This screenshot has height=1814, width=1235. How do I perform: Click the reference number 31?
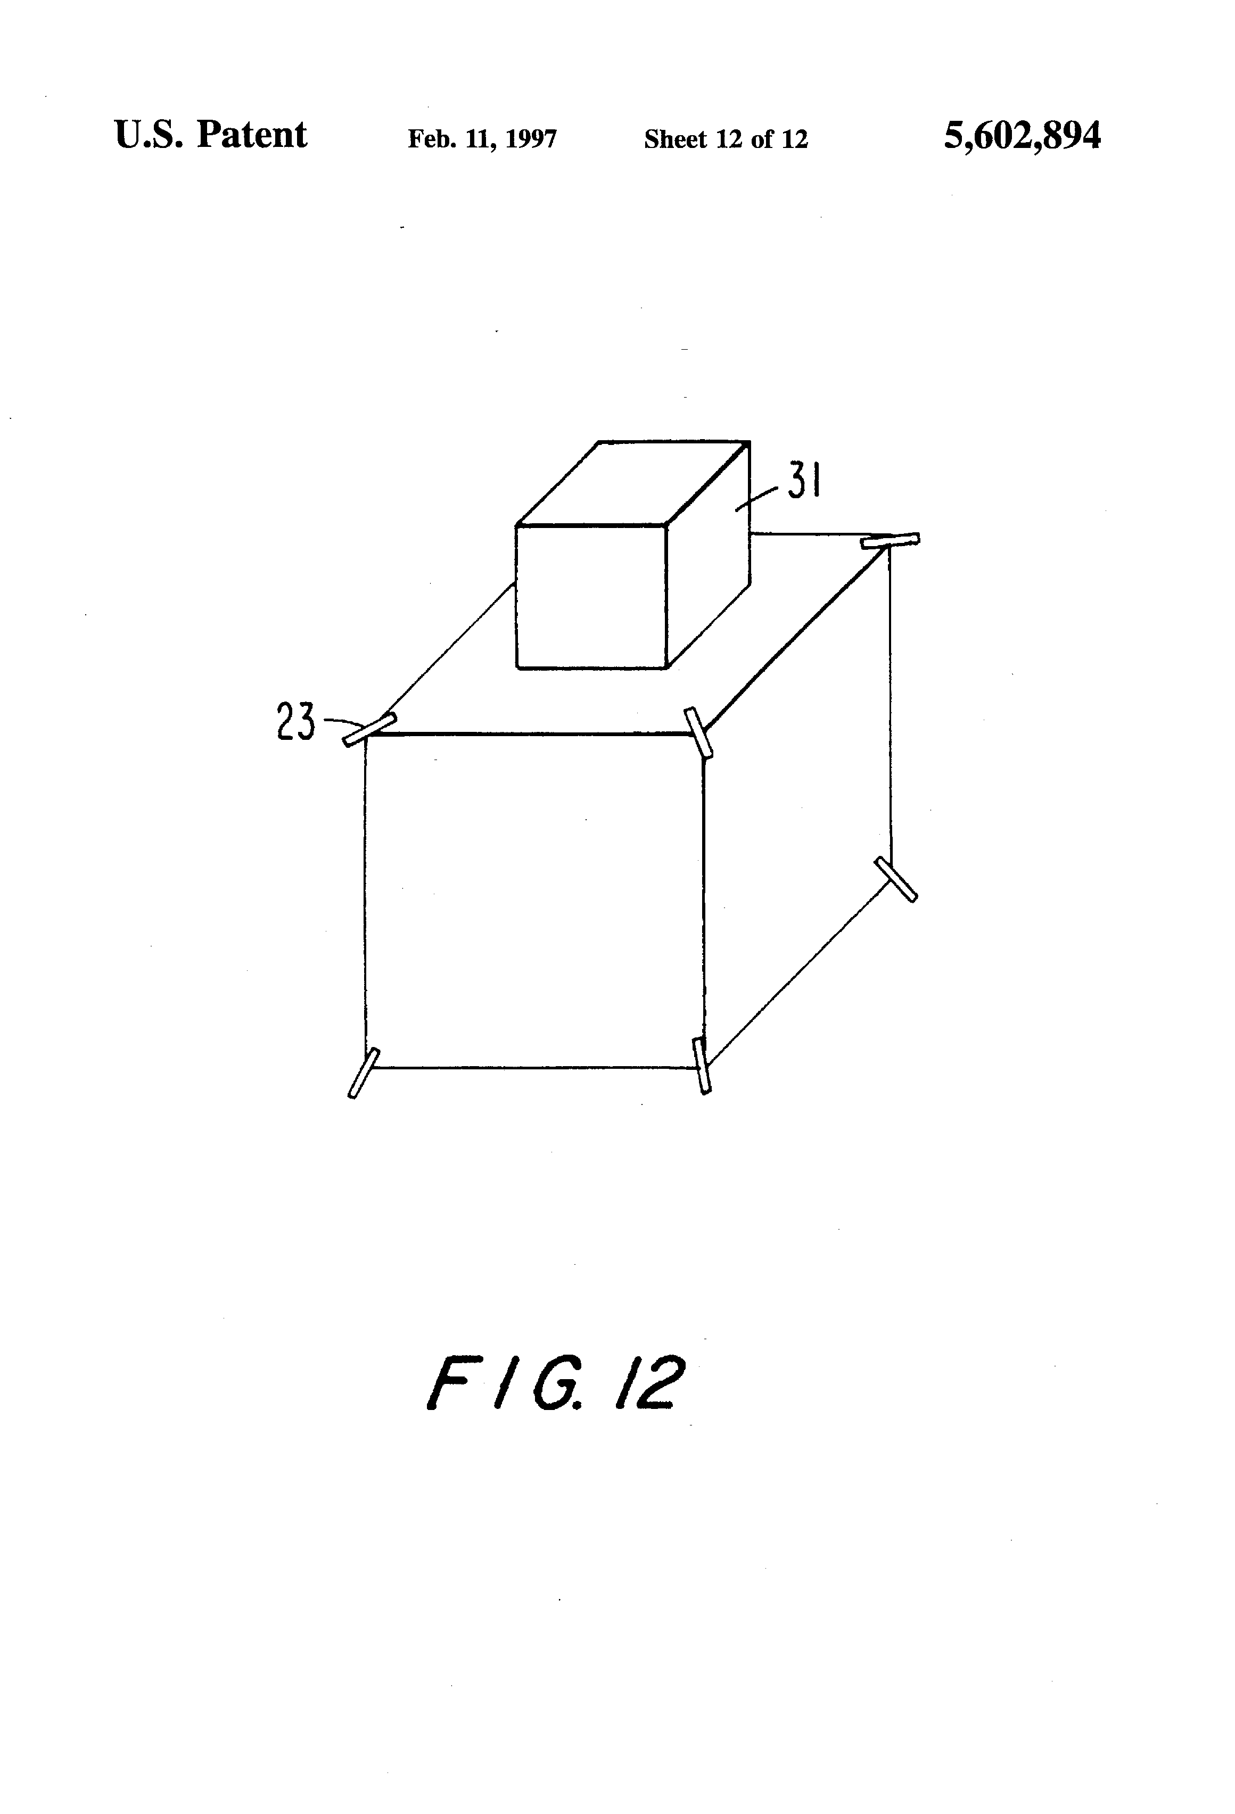[803, 481]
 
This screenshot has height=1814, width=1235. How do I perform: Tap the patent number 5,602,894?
[1022, 135]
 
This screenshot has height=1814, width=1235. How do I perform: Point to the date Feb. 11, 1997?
[482, 139]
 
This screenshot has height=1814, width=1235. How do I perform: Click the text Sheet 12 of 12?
[725, 139]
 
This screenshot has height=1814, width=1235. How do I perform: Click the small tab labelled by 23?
[369, 730]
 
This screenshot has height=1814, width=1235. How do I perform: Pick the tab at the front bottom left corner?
[363, 1073]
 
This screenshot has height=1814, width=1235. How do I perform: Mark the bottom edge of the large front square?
[535, 1067]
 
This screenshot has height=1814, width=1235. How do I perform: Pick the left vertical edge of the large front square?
[365, 897]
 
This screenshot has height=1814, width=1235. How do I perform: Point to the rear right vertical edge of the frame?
[891, 703]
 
